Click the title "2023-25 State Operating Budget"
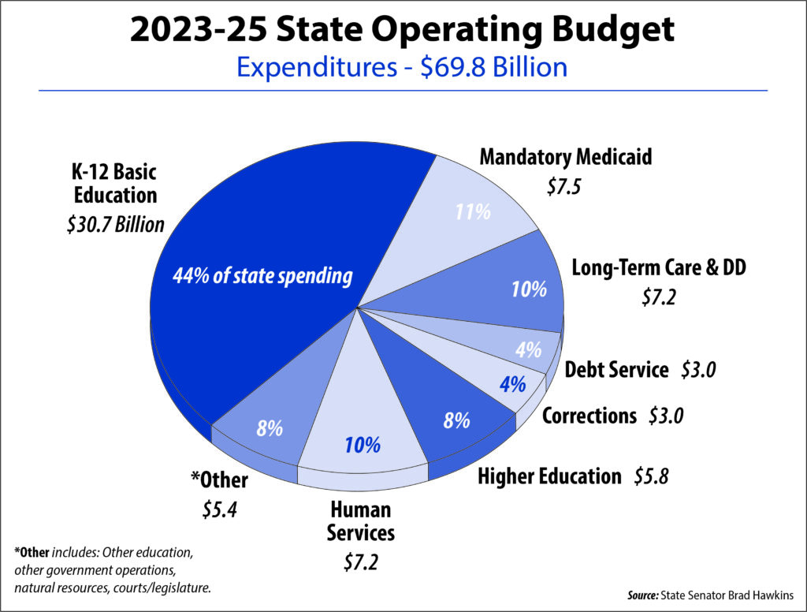403,32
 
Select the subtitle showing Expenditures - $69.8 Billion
403,67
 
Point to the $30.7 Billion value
115,225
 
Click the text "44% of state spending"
262,276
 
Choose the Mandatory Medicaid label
566,157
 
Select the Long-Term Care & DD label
659,268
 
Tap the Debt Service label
616,369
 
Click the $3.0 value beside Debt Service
698,369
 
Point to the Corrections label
589,415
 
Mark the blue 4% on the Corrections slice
512,386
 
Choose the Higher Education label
549,476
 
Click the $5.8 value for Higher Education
651,476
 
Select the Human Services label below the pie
360,521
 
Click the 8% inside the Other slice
270,429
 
